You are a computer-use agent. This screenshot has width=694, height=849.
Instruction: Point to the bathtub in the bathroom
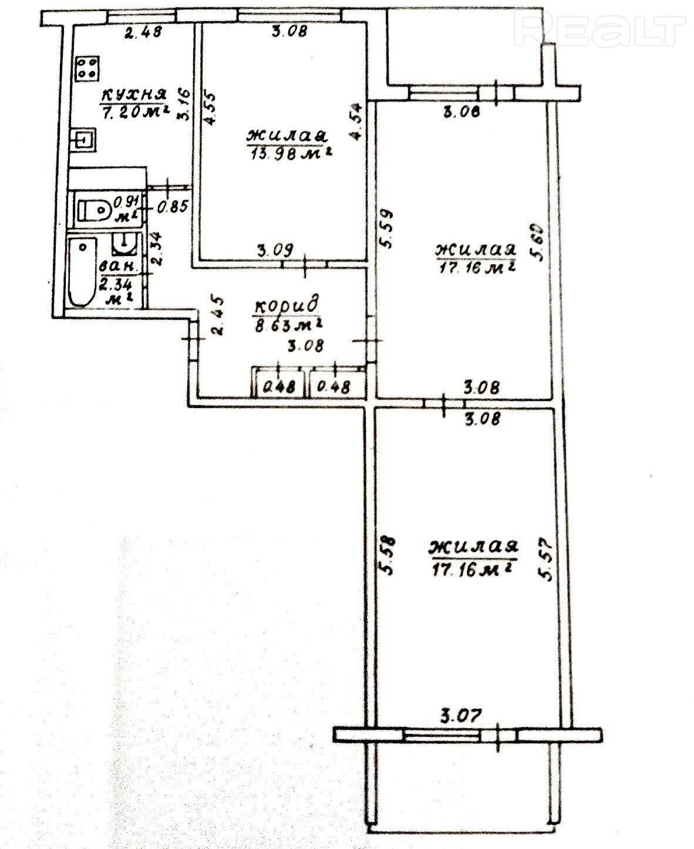click(x=83, y=271)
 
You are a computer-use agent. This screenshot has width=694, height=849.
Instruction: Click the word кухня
click(x=134, y=95)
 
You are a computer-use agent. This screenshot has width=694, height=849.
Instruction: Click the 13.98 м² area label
click(x=291, y=153)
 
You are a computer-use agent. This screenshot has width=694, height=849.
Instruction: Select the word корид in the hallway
click(x=286, y=305)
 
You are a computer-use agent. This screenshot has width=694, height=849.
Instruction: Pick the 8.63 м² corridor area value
click(x=289, y=325)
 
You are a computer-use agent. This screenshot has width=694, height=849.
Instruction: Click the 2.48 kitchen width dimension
click(x=143, y=32)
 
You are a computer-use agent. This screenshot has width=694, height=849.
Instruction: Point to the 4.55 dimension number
click(x=210, y=109)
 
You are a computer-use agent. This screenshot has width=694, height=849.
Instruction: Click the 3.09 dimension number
click(x=275, y=251)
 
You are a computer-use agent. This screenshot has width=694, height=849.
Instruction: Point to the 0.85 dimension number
click(x=173, y=207)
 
